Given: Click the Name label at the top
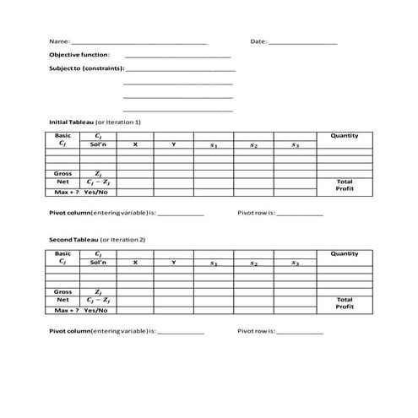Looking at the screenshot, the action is point(59,41).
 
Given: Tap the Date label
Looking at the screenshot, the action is point(258,41).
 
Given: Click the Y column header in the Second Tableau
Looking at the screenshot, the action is point(173,263).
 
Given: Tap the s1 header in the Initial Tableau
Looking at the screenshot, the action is point(214,145).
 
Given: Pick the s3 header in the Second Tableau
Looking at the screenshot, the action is point(295,263).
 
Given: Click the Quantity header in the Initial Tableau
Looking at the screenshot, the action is point(344,136).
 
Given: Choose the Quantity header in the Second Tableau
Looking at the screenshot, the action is point(344,253).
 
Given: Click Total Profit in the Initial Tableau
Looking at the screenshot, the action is point(344,185).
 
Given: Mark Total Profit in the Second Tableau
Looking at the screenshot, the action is point(344,302).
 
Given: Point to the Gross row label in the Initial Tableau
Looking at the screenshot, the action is point(62,173).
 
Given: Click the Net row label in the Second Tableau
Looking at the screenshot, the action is point(62,299).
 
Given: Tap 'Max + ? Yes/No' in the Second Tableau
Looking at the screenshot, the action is point(79,309).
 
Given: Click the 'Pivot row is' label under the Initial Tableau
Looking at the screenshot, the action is point(257,214).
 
